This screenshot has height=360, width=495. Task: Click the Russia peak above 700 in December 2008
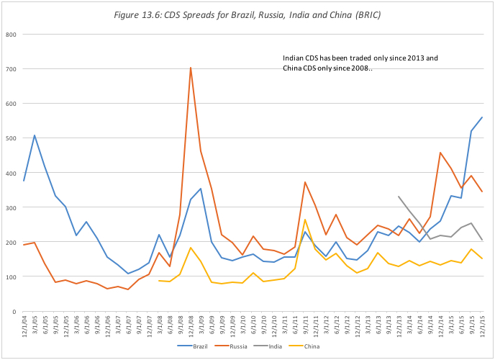[x=190, y=68]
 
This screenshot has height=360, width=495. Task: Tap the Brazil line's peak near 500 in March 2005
[x=35, y=135]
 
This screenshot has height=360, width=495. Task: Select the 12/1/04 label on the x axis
[x=24, y=328]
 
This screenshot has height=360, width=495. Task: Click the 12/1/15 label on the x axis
[x=481, y=328]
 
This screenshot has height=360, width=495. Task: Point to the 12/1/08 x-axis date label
[x=191, y=328]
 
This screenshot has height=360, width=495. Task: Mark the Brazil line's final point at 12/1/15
[x=481, y=117]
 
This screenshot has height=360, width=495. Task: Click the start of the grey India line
[x=399, y=197]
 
